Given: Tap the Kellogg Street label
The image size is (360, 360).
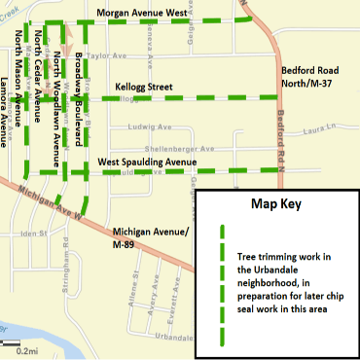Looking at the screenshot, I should [x=140, y=87].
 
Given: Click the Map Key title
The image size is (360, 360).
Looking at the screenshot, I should [x=276, y=205].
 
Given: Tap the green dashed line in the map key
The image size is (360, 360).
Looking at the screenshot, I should [x=222, y=282].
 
